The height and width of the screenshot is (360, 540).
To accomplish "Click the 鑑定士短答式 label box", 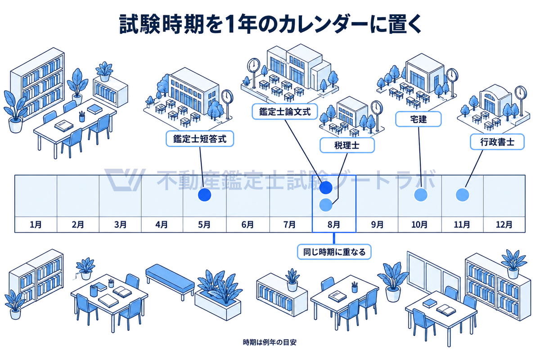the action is coord(200,139).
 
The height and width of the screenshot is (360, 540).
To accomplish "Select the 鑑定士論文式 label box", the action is coord(285,112).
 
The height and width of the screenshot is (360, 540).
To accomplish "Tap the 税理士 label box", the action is coord(347,145).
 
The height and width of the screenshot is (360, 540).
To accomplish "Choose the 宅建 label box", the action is coord(418,119).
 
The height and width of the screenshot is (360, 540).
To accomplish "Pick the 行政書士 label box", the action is coord(497,142).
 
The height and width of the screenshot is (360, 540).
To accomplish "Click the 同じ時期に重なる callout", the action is coord(334,252).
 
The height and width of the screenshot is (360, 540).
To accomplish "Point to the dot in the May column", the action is coord(204,194).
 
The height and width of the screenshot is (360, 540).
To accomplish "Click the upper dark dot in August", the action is coord(326,187).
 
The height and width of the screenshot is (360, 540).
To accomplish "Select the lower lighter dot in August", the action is coord(326,205).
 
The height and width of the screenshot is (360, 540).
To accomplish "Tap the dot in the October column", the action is coord(421,194).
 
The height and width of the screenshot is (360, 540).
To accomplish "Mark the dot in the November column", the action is coord(463,194).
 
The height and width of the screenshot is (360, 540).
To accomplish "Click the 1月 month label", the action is coord(36,225).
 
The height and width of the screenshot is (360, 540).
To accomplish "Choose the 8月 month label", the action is coord(334,225).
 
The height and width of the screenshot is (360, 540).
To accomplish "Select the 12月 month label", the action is coord(504,225).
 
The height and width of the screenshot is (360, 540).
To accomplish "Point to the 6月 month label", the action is coord(247,225).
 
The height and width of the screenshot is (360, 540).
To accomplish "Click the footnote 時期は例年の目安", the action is coord(270,342).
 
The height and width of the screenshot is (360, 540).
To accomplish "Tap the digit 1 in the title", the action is coord(228,24).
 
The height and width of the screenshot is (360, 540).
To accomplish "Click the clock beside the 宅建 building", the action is coord(452,75).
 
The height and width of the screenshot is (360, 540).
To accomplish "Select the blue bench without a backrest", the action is coord(170,281).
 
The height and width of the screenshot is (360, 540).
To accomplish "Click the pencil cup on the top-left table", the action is coord(82,117).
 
